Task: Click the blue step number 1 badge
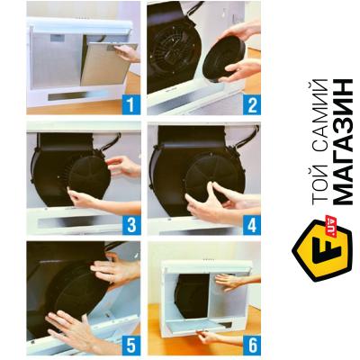pyautogui.click(x=131, y=104)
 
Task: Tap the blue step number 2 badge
pyautogui.click(x=252, y=104)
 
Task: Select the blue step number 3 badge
pyautogui.click(x=131, y=225)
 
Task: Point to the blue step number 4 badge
pyautogui.click(x=252, y=225)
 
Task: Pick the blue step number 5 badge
pyautogui.click(x=131, y=346)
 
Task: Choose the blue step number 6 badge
pyautogui.click(x=252, y=346)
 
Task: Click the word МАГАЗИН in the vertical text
pyautogui.click(x=343, y=142)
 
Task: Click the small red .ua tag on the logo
pyautogui.click(x=330, y=222)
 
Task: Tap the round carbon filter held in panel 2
pyautogui.click(x=224, y=59)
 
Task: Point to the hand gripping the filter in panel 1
pyautogui.click(x=128, y=53)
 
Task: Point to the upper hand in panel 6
pyautogui.click(x=237, y=282)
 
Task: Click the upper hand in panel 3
pyautogui.click(x=123, y=166)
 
